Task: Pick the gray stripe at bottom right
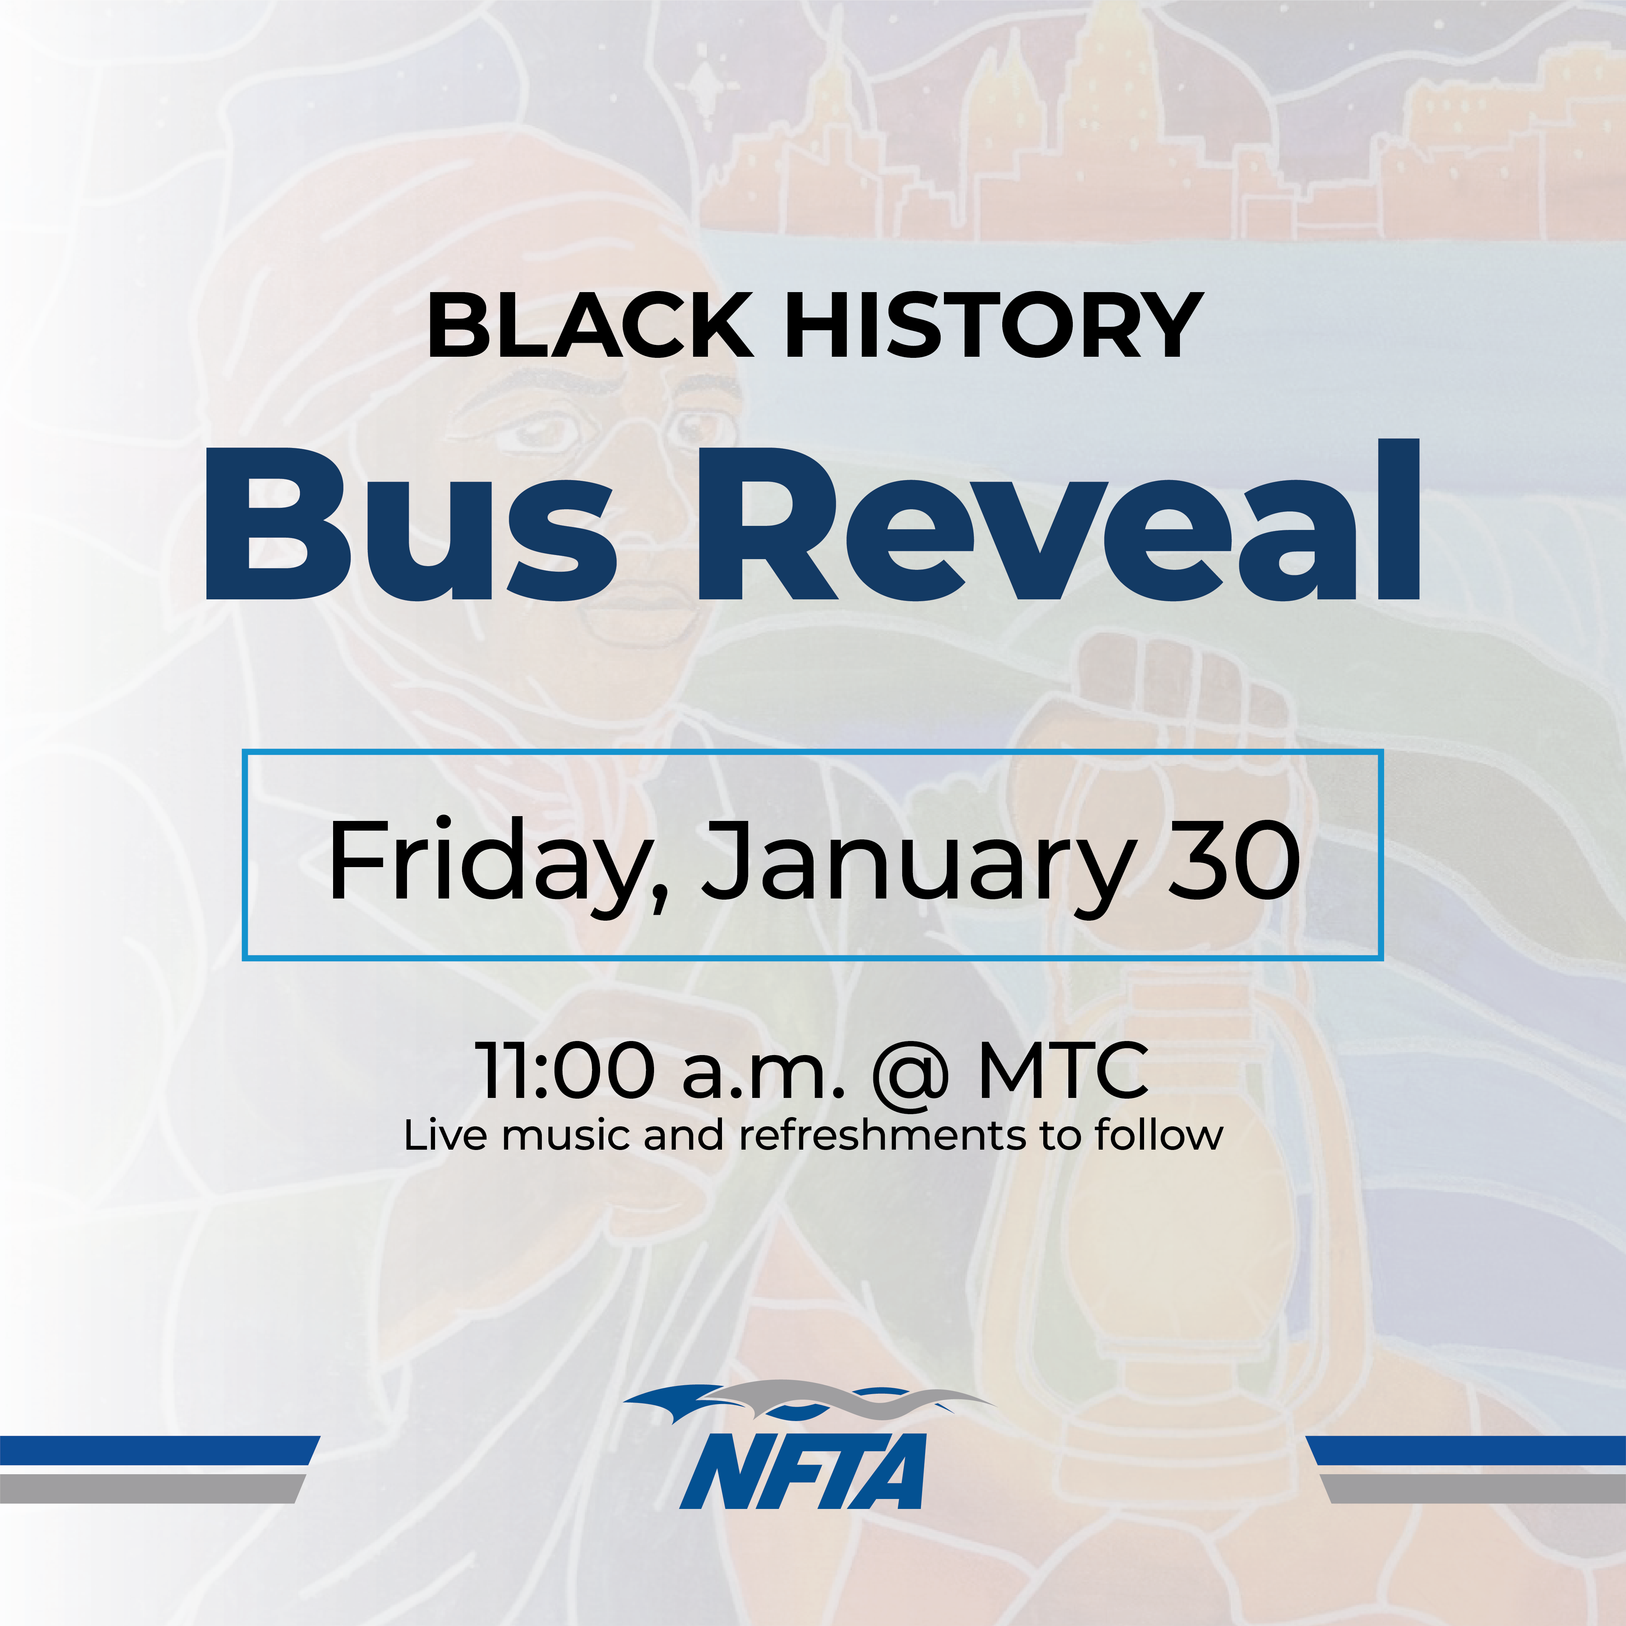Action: [x=1473, y=1489]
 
